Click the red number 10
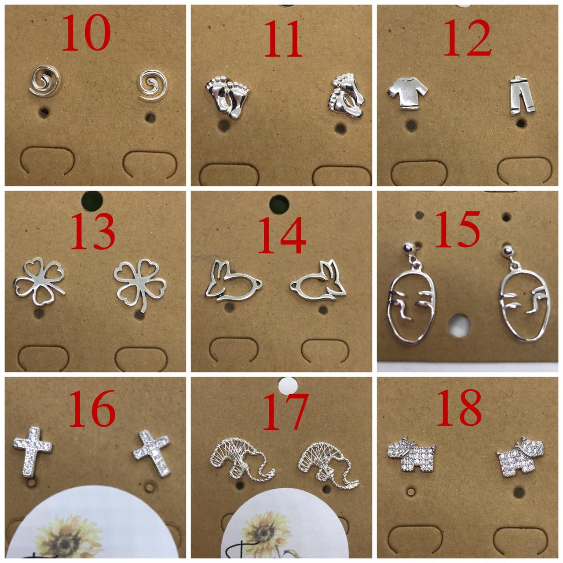(87, 33)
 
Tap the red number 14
(282, 235)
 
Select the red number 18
(459, 408)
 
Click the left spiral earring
(45, 81)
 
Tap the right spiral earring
(153, 85)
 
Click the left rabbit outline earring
(233, 281)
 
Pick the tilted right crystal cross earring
(152, 453)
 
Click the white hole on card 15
(460, 325)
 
